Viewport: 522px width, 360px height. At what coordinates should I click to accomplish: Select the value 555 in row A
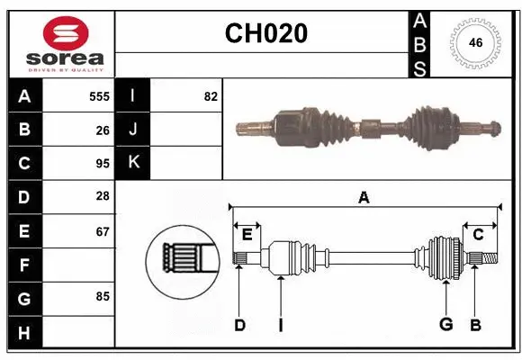[99, 96]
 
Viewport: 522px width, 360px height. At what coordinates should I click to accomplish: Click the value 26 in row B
[103, 130]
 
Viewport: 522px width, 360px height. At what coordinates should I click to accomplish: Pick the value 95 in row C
[103, 164]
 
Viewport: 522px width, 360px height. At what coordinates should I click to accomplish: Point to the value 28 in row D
[103, 196]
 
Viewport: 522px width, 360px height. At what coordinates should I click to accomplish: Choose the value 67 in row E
[103, 231]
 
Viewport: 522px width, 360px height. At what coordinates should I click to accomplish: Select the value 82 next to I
[211, 96]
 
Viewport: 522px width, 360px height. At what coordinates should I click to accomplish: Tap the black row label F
[24, 265]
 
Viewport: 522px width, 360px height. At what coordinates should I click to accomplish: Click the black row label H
[24, 332]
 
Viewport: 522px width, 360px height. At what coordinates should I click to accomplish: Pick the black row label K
[133, 163]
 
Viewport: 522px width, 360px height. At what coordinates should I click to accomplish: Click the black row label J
[133, 130]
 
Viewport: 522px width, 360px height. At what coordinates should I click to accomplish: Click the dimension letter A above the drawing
[364, 198]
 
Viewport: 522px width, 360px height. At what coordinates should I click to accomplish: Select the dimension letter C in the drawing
[478, 235]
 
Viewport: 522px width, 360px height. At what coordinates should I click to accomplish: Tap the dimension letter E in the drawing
[247, 235]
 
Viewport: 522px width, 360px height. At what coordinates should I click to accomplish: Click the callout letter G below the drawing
[445, 325]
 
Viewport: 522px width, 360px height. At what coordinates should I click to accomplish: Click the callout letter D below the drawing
[239, 325]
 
